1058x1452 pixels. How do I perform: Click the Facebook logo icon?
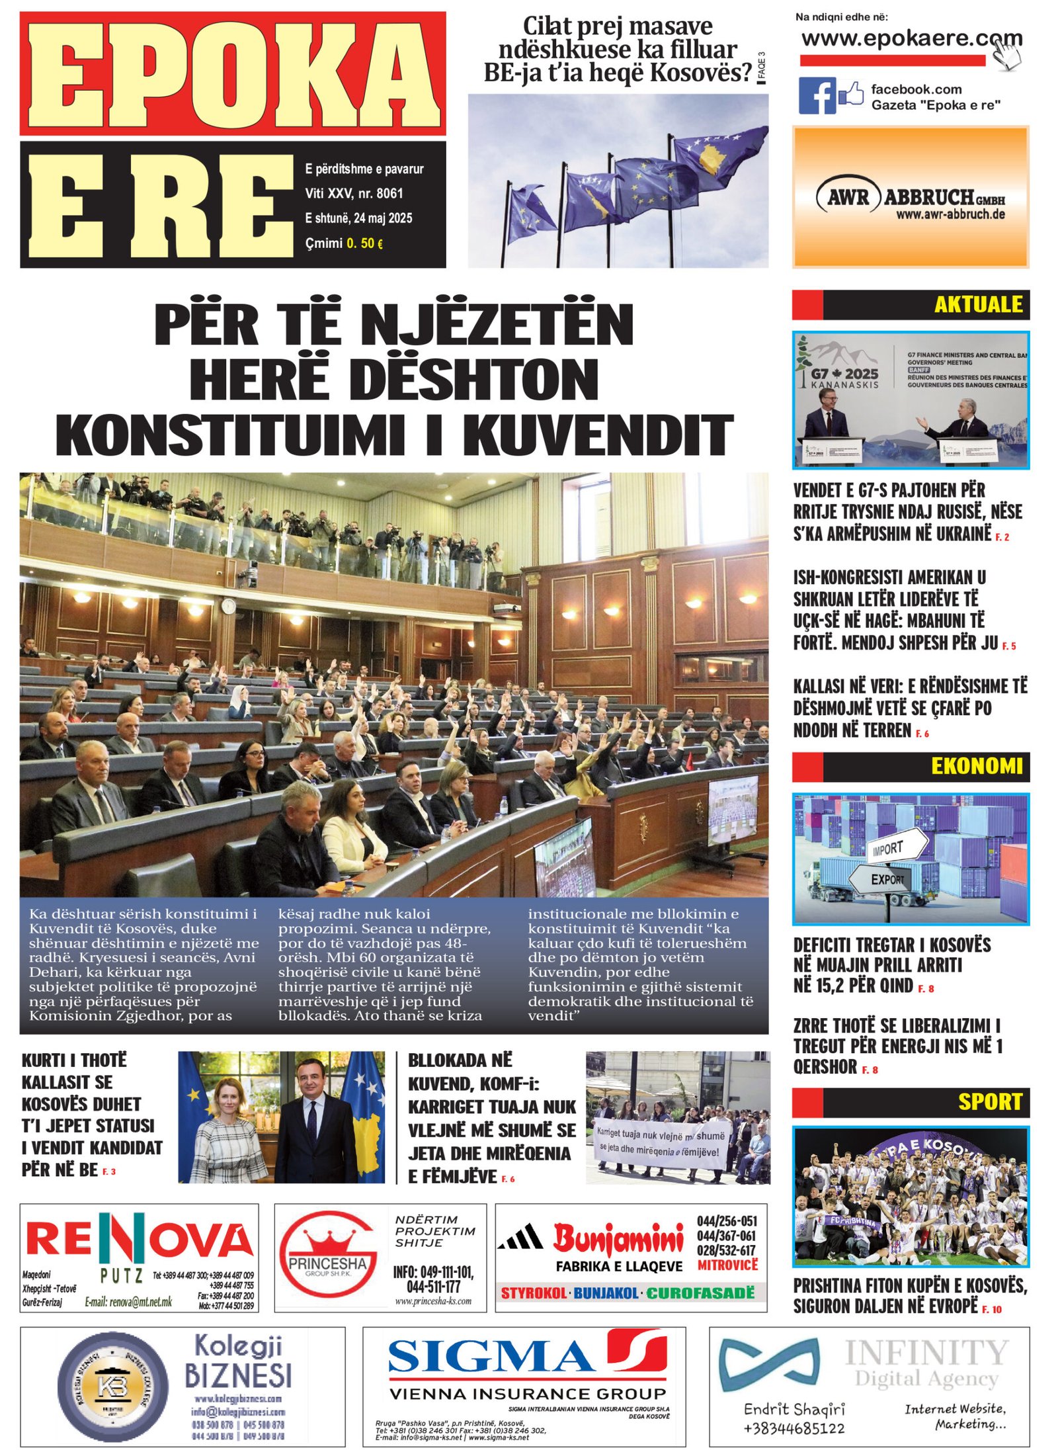coord(817,95)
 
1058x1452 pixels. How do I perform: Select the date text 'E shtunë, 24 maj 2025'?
coord(358,218)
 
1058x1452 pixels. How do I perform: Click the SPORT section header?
coord(990,1102)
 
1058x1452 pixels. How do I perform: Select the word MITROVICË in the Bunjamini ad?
coord(727,1265)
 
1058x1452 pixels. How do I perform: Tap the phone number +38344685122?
coord(793,1428)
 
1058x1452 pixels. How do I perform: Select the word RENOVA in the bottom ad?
coord(140,1240)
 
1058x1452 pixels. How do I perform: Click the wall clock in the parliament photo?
coord(228,605)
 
